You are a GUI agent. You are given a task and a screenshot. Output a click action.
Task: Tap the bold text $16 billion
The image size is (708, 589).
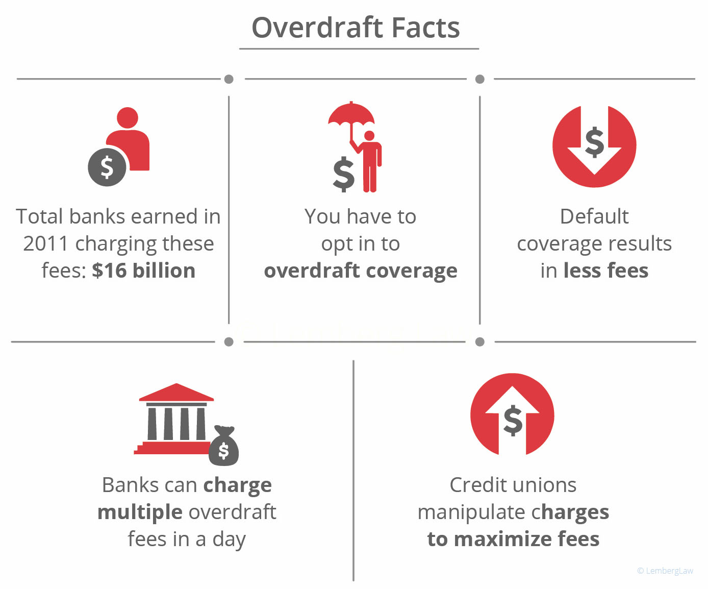[x=143, y=271]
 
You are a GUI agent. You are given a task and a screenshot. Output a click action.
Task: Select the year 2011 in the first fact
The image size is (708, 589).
[x=45, y=243]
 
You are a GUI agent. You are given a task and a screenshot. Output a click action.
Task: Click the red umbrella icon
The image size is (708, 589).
[x=351, y=115]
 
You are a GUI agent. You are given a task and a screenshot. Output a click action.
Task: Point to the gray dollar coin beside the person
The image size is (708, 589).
[x=107, y=167]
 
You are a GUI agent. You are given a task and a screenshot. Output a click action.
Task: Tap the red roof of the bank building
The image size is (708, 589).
[x=176, y=393]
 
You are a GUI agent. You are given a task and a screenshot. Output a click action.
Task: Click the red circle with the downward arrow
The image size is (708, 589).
[x=594, y=146]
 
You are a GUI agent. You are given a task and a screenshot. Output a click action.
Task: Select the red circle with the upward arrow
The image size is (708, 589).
[x=512, y=414]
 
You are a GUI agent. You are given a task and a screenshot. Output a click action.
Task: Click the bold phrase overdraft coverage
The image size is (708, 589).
[x=360, y=271]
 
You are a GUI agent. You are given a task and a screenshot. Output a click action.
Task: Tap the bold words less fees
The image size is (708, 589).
[x=605, y=271]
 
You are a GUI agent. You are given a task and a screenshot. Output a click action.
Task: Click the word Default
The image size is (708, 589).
[x=594, y=216]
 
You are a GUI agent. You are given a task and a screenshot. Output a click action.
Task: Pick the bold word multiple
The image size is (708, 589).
[x=140, y=512]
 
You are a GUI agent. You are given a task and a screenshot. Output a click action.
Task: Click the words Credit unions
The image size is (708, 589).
[x=513, y=485]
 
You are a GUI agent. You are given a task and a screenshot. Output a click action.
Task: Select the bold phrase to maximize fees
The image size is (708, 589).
[x=513, y=539]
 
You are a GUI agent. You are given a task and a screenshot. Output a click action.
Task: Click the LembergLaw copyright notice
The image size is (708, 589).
[x=665, y=571]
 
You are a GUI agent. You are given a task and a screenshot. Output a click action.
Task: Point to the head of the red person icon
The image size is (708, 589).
[x=128, y=118]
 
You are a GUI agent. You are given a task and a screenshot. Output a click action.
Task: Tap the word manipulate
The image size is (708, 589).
[x=469, y=512]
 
